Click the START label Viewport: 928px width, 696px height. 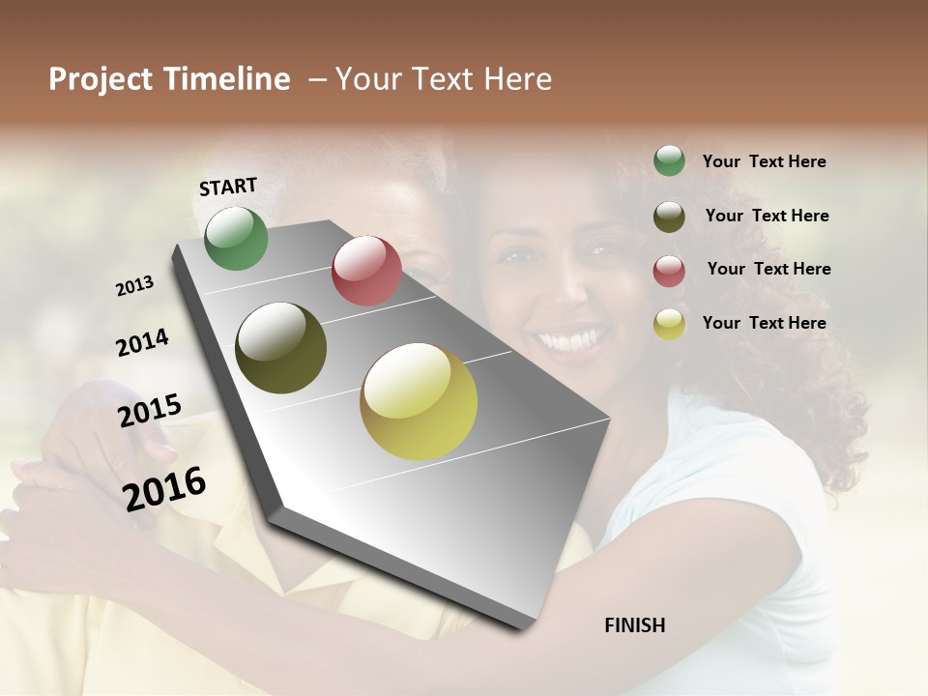point(228,187)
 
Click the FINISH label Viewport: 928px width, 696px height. point(634,625)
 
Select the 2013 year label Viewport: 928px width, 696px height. point(135,286)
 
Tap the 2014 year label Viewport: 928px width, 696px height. point(142,342)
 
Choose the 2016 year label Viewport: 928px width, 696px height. point(164,488)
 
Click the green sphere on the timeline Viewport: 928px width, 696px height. point(237,239)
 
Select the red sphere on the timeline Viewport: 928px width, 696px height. point(366,271)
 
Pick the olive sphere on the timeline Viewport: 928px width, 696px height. point(280,348)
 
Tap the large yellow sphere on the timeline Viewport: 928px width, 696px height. point(419,401)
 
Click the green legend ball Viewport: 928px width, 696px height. point(669,161)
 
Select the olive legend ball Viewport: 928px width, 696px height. point(669,217)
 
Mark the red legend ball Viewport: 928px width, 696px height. point(669,271)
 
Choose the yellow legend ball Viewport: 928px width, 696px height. point(669,324)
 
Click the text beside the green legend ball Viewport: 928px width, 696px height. point(764,161)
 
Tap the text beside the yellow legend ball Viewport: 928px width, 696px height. point(764,323)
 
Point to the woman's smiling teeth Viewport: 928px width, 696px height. point(570,340)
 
